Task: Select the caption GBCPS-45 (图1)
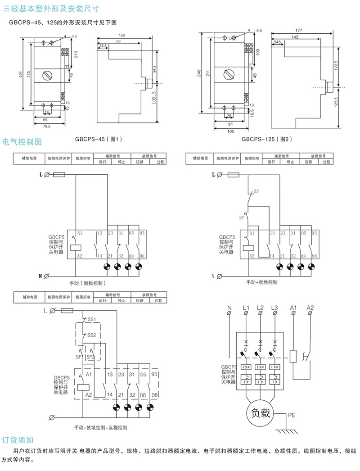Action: pos(99,139)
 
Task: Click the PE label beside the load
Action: pos(292,416)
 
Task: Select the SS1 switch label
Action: pos(92,319)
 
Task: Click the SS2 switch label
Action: pos(92,335)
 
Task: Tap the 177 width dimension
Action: pos(299,30)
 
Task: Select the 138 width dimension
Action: pos(121,35)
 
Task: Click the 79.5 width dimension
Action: pos(46,127)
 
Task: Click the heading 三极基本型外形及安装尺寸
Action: pos(52,8)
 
